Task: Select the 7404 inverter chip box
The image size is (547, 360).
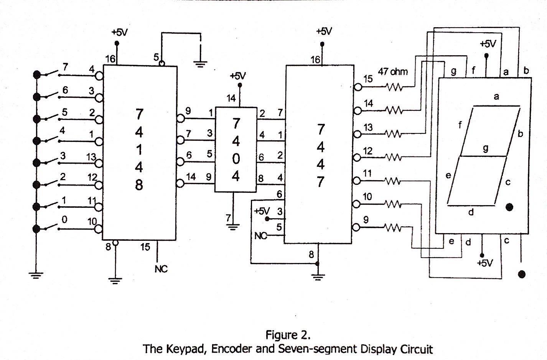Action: tap(236, 149)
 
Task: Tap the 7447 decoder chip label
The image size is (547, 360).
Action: tap(320, 155)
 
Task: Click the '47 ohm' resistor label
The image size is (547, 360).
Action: tap(393, 72)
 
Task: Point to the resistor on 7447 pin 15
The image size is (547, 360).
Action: tap(394, 88)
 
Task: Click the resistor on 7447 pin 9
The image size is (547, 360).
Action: tap(394, 228)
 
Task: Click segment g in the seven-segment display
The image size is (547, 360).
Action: tap(483, 156)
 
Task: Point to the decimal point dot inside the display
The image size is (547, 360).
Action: tap(509, 207)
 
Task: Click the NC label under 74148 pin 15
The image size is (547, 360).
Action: tap(161, 269)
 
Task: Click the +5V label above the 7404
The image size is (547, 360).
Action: tap(238, 76)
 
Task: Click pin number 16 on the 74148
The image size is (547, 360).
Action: tap(110, 59)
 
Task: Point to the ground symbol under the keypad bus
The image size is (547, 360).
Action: tap(36, 275)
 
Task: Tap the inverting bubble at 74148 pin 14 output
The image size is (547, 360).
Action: tap(180, 184)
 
